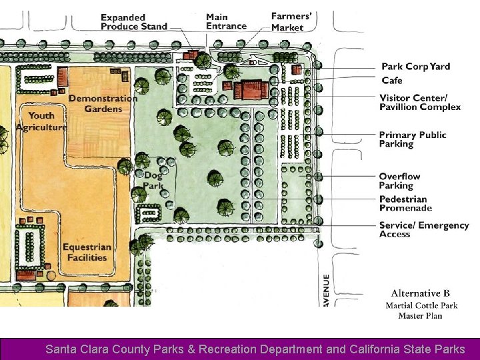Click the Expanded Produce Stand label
click(134, 22)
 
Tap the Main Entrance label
click(226, 21)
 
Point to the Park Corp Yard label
click(415, 67)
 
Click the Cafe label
click(392, 81)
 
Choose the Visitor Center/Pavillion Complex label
click(420, 102)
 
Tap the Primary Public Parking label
click(413, 139)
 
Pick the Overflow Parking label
click(399, 181)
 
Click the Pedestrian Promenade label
click(405, 203)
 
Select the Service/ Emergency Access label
click(424, 229)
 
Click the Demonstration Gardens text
click(103, 103)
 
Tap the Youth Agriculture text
click(41, 121)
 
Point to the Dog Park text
click(153, 180)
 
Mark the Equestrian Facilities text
click(87, 252)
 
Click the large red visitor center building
click(251, 89)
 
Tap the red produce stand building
click(191, 55)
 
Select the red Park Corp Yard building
click(296, 69)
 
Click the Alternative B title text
click(420, 293)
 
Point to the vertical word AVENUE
click(326, 290)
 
